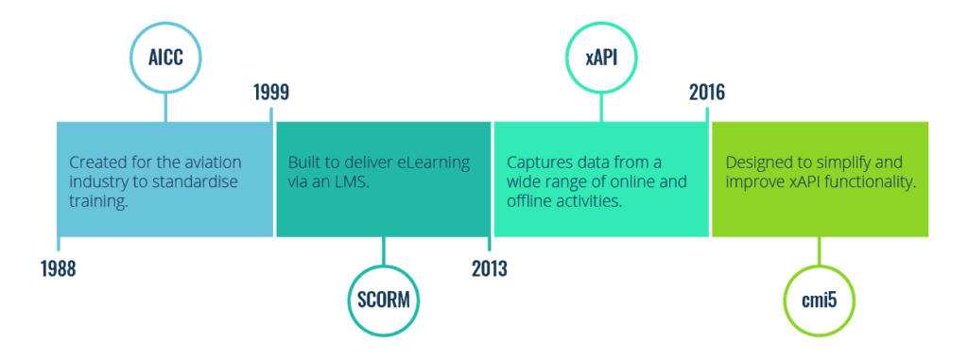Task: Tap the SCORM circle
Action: coord(384,301)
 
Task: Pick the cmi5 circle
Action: coord(820,301)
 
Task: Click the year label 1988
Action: coord(58,268)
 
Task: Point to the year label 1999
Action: coord(271,93)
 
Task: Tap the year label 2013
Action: coord(490,268)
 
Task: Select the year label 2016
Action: coord(707,93)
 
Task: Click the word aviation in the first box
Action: coord(211,162)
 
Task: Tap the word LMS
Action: coord(349,180)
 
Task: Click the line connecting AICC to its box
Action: coord(165,106)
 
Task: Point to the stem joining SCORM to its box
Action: coord(384,252)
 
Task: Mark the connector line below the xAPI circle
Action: coord(601,106)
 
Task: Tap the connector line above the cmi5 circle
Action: coord(820,252)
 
